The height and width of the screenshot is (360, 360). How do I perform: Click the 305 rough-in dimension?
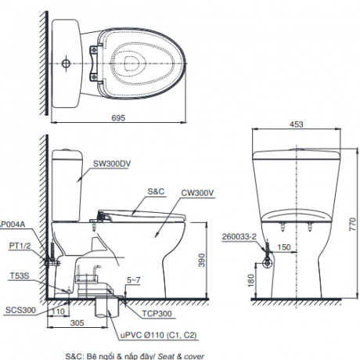77,321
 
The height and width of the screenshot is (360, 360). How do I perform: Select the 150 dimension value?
285,247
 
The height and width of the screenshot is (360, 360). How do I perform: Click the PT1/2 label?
18,245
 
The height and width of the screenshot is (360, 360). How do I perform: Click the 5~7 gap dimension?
134,279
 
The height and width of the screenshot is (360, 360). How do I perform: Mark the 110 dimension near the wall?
56,311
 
